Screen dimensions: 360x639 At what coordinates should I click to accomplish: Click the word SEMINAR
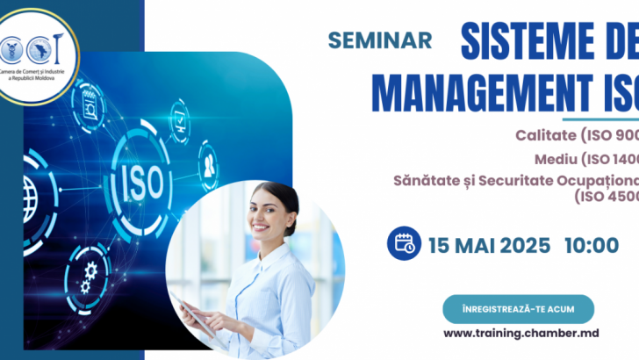pos(379,40)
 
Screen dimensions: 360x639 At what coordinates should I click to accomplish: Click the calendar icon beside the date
pos(406,243)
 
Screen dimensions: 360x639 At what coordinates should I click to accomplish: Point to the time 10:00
pos(591,244)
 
